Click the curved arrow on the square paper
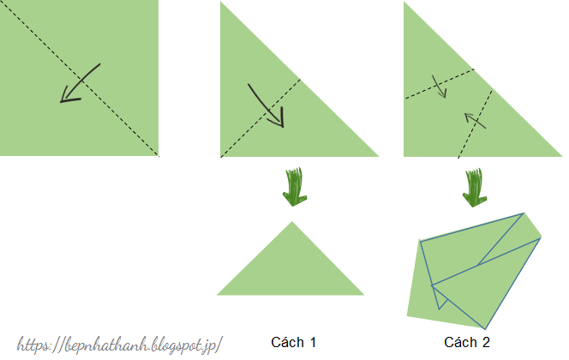[x=80, y=83]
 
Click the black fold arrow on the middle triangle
[x=266, y=105]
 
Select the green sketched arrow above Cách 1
[x=293, y=188]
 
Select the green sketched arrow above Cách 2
[x=474, y=188]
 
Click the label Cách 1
[x=294, y=342]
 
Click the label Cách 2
[x=467, y=342]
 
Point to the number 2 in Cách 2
[x=486, y=342]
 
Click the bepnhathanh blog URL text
[x=120, y=344]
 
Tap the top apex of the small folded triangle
[x=292, y=222]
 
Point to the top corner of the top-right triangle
[x=404, y=3]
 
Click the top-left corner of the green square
[x=2, y=2]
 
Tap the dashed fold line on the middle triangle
[x=261, y=118]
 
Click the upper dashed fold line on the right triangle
[x=439, y=83]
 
